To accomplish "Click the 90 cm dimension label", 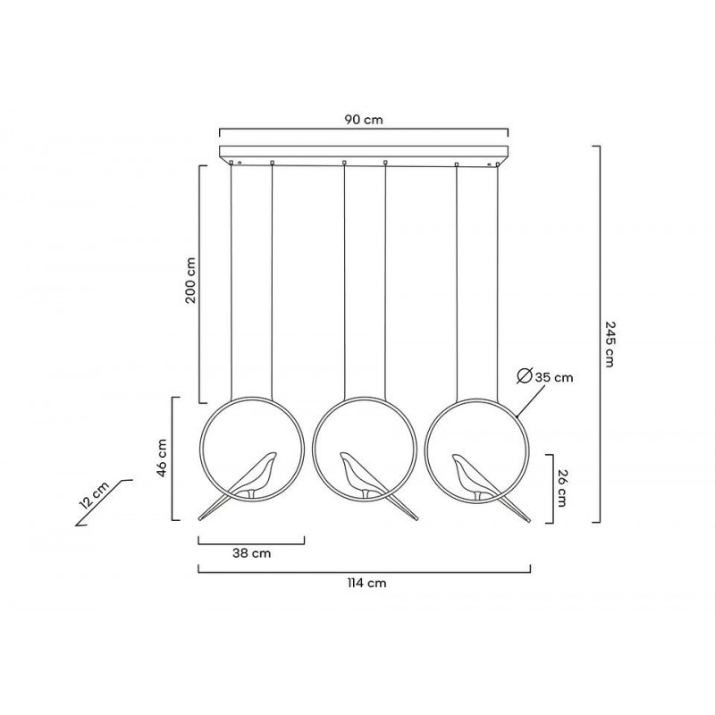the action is click(x=364, y=120).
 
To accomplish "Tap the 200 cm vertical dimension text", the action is click(x=190, y=281).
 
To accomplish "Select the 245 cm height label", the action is click(x=610, y=344).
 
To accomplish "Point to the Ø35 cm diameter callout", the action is click(x=545, y=376).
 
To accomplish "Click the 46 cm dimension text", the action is click(x=162, y=458).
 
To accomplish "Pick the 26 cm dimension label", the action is click(x=561, y=488).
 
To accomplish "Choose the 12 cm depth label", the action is click(x=94, y=495).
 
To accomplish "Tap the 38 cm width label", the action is click(x=251, y=553).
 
